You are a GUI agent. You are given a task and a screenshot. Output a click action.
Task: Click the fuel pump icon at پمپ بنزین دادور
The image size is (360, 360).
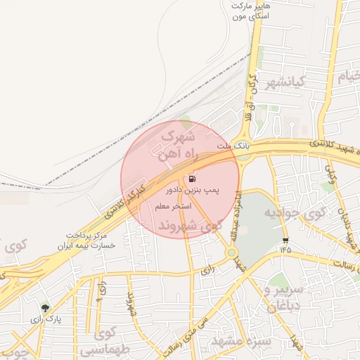tap(193, 179)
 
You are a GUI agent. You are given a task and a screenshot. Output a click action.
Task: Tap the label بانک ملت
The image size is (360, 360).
tap(233, 146)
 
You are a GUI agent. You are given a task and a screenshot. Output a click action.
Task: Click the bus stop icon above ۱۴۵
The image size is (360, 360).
tap(285, 240)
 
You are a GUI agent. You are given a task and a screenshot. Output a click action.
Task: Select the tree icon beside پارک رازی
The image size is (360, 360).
tap(46, 308)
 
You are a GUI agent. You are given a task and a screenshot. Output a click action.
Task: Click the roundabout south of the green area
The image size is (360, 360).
tap(231, 252)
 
